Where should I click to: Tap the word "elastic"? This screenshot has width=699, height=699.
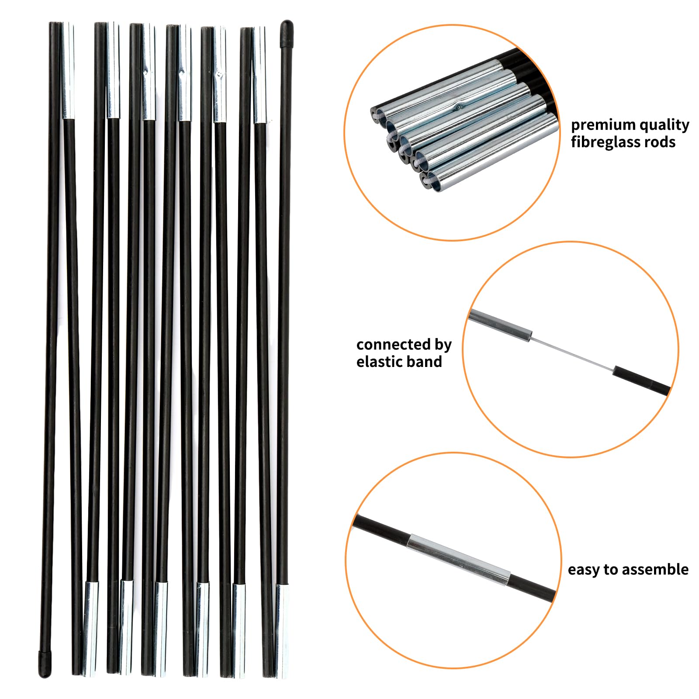[x=380, y=362]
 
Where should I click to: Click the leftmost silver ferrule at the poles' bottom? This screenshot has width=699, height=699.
[x=90, y=629]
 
